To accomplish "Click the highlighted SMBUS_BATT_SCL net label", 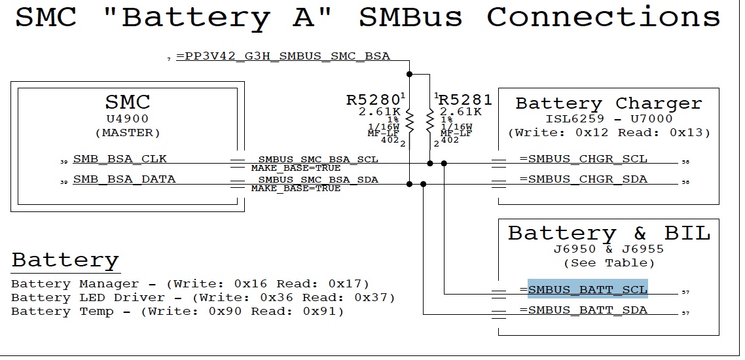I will coord(587,289).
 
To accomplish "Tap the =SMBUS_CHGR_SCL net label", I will coord(583,158).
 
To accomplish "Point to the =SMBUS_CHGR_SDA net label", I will coord(583,179).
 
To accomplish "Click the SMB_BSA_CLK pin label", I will coord(120,158).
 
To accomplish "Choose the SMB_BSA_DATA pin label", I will coord(124,179).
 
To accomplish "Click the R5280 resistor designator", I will coord(373,100).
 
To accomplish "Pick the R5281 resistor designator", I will coord(465,100).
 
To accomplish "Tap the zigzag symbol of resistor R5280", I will coord(410,122).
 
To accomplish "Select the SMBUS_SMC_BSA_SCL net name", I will coord(318,159).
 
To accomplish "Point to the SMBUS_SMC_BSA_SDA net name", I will coord(318,179).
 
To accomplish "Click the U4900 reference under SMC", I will coord(128,119).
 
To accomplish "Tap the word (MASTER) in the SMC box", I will coord(128,132).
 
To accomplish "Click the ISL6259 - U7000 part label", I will coord(609,119).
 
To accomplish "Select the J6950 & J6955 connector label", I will coord(609,249).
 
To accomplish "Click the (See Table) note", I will coord(609,263).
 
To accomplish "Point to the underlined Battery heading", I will coord(65,260).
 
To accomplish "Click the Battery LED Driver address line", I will coord(203,298).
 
